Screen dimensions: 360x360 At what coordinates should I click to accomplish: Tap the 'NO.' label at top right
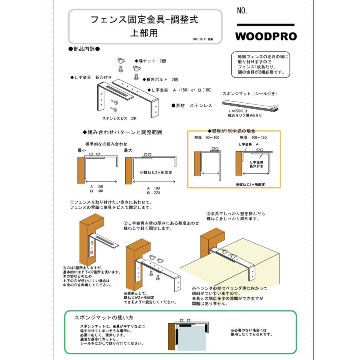pyautogui.click(x=242, y=11)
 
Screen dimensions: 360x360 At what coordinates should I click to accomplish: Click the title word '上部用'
pyautogui.click(x=144, y=33)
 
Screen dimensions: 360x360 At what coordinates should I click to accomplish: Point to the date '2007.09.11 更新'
pyautogui.click(x=203, y=40)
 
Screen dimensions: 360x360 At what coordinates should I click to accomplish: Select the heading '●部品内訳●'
pyautogui.click(x=84, y=49)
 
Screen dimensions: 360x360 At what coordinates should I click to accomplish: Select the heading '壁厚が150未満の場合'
pyautogui.click(x=232, y=131)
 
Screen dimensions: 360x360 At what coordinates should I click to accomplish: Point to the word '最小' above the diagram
pyautogui.click(x=82, y=150)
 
